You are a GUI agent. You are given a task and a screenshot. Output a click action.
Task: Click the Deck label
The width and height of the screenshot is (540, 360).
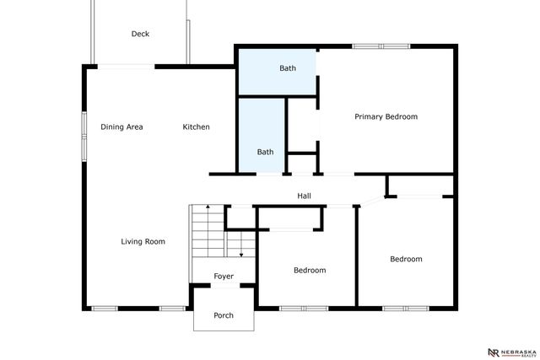(x=140, y=35)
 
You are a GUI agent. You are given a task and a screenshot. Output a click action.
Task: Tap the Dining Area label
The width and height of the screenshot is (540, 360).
(x=121, y=127)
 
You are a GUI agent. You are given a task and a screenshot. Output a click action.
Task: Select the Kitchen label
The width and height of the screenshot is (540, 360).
(x=197, y=127)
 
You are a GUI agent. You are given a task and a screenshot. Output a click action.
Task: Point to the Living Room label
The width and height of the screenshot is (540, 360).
(x=143, y=242)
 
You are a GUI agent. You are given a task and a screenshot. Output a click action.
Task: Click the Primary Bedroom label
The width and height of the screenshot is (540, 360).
(x=386, y=117)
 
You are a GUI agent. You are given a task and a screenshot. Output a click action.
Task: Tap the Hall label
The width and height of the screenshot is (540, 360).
(x=304, y=196)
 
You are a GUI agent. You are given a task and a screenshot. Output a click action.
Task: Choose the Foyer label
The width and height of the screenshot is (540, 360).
(x=224, y=277)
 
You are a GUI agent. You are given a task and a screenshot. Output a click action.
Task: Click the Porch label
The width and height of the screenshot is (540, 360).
(x=224, y=316)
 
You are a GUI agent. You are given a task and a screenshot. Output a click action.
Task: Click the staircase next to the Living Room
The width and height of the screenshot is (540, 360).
(x=208, y=231)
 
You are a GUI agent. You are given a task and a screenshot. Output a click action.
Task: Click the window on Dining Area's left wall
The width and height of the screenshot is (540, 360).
(x=84, y=134)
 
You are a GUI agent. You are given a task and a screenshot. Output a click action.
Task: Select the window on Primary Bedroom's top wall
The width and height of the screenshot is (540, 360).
(x=381, y=46)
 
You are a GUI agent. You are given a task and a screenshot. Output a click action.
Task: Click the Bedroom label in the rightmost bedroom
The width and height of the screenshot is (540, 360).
(x=406, y=260)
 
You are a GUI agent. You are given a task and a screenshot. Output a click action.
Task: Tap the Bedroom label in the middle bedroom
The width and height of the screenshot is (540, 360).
(x=310, y=271)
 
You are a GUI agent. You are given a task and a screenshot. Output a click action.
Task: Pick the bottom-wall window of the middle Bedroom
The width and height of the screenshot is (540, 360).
(x=304, y=308)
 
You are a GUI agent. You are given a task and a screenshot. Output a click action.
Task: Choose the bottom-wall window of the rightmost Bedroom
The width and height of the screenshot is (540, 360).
(x=406, y=308)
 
